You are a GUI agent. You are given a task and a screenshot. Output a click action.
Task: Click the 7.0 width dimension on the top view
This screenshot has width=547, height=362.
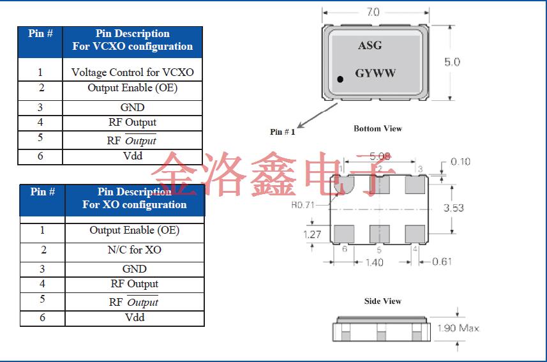[x=373, y=12]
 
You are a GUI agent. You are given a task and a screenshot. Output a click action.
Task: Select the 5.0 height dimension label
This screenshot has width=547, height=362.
[x=452, y=62]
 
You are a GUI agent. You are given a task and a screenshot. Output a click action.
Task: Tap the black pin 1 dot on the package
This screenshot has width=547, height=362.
[x=340, y=79]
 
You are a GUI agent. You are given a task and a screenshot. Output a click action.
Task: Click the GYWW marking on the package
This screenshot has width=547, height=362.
[x=375, y=73]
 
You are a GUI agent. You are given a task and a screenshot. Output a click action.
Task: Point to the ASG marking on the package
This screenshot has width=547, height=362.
[x=370, y=45]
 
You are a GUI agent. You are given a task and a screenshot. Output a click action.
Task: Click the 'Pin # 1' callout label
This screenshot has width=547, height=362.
[x=282, y=132]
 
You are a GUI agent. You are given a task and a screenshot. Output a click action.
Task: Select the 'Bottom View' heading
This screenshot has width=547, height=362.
[x=378, y=128]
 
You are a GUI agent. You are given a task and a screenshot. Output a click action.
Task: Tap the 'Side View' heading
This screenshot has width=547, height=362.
[x=383, y=301]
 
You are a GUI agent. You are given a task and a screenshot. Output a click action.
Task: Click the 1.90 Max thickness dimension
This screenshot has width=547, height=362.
[x=458, y=328]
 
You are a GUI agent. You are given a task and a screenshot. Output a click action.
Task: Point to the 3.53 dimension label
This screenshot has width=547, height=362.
[x=453, y=208]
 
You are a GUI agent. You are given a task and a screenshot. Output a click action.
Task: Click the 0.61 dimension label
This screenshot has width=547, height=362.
[x=442, y=261]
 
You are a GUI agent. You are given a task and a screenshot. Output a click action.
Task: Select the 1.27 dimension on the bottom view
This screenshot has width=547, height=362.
[x=312, y=234]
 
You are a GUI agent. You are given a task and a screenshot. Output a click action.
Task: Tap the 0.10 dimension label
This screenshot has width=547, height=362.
[x=460, y=162]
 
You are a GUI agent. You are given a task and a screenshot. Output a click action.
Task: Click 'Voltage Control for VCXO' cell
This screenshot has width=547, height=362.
[x=133, y=72]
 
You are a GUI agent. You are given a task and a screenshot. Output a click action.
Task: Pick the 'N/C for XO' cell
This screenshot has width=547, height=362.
[x=134, y=250]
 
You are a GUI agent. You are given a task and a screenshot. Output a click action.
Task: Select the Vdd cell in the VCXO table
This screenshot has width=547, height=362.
[x=133, y=155]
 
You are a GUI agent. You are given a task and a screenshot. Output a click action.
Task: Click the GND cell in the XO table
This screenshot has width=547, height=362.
[x=134, y=269]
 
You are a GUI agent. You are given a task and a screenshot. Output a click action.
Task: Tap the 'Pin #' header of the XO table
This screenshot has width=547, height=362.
[x=43, y=192]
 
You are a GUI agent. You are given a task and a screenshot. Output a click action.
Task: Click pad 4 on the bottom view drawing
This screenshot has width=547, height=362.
[x=416, y=234]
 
